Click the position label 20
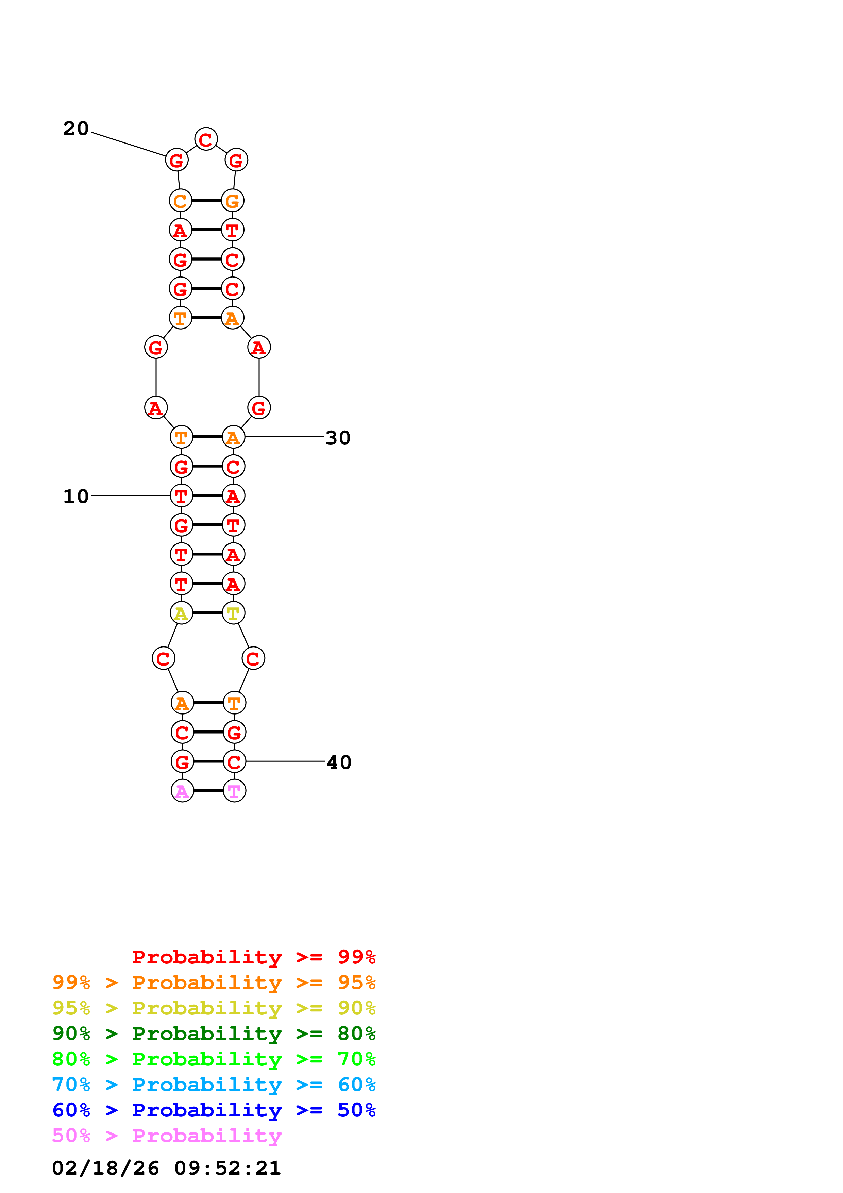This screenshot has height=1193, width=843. tap(76, 128)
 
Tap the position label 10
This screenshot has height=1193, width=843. tap(76, 496)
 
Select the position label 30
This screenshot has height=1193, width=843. tap(338, 438)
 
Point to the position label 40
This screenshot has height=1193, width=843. tap(339, 762)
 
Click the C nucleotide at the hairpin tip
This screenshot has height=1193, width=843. tap(206, 139)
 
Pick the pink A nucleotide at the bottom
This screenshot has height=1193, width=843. tap(182, 791)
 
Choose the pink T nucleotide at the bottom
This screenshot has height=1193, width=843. tap(234, 791)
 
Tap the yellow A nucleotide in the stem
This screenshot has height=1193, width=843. tap(181, 613)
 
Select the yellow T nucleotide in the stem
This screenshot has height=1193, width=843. tap(233, 613)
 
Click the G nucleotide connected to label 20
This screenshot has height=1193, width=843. tap(176, 160)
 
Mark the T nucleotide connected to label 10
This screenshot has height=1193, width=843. tap(181, 496)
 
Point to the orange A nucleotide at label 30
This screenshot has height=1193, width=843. tap(233, 437)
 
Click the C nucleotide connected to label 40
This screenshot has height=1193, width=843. tap(234, 762)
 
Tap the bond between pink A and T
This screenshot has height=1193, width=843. tap(208, 791)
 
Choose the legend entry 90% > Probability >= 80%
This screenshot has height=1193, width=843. tap(214, 1034)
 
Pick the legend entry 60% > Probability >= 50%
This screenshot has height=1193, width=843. tap(214, 1110)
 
